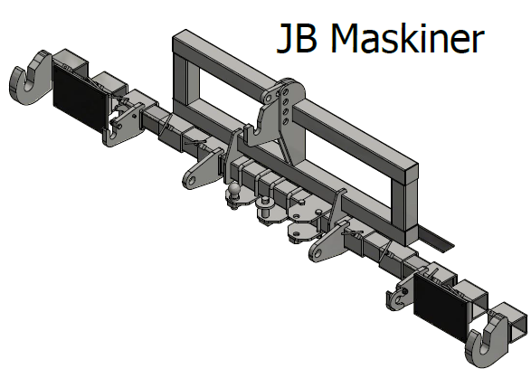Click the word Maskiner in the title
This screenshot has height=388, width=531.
click(407, 38)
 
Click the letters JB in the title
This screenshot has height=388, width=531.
click(297, 38)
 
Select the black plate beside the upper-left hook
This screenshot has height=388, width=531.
click(80, 99)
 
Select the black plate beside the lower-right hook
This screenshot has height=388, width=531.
click(441, 308)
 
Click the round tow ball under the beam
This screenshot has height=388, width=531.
click(234, 189)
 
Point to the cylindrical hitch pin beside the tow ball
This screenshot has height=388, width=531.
click(265, 206)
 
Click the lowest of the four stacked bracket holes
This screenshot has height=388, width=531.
click(286, 121)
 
